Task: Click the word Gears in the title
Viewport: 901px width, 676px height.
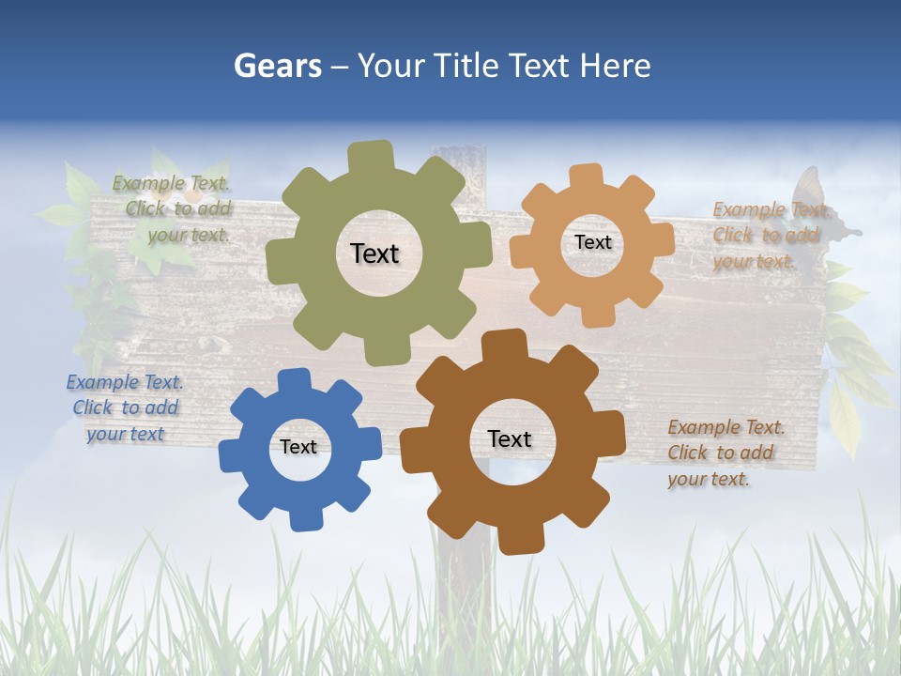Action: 277,66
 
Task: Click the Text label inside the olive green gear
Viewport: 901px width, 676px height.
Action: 374,253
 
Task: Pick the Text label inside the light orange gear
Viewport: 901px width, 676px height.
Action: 592,242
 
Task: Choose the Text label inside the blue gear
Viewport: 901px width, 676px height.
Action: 298,447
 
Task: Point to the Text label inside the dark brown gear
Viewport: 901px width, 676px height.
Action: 510,438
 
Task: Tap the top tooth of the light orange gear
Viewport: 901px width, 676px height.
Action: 587,176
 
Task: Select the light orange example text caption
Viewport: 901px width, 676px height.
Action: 770,236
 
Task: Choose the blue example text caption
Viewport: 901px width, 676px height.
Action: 125,408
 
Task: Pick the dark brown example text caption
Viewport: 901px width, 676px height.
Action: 725,453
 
